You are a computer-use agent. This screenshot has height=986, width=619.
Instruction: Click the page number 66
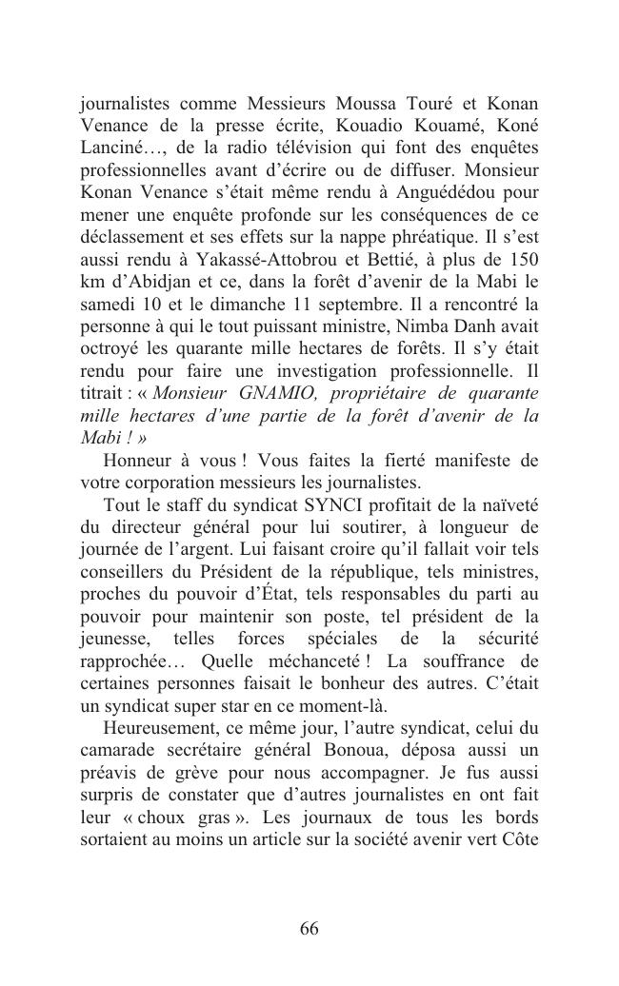click(309, 929)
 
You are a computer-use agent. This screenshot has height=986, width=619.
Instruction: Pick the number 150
click(522, 261)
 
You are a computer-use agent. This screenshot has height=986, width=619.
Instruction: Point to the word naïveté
click(506, 504)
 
